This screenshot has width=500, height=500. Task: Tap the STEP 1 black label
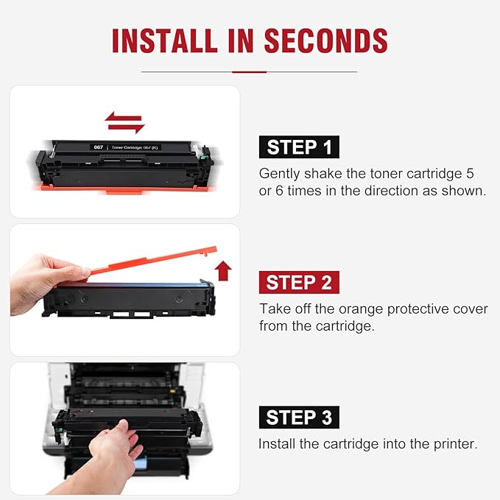point(298,147)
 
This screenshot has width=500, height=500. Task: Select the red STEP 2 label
point(298,283)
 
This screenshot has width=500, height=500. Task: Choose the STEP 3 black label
point(298,418)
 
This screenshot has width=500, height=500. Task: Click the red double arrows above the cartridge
point(124,122)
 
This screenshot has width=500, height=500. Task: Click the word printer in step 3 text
point(454,444)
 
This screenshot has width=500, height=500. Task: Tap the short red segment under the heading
point(249,71)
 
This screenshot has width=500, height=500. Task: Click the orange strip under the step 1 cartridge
point(125,191)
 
